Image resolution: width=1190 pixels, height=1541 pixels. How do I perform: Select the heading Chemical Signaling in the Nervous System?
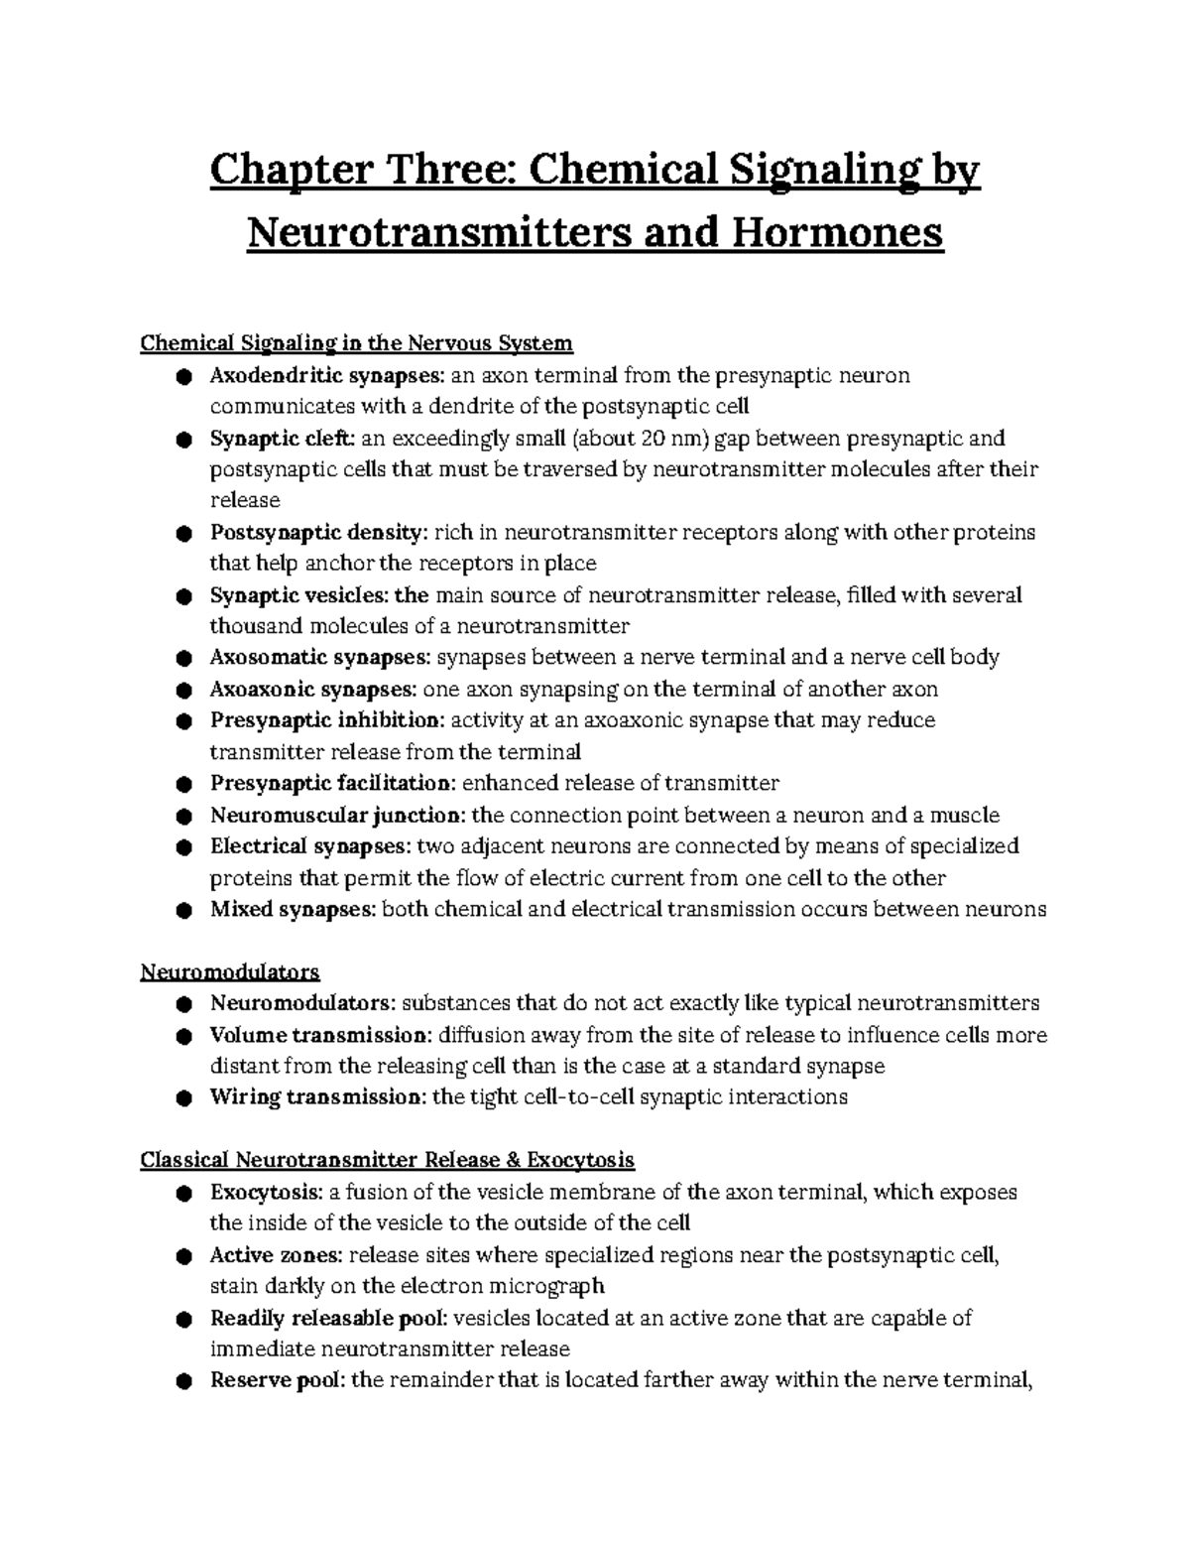tap(357, 343)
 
